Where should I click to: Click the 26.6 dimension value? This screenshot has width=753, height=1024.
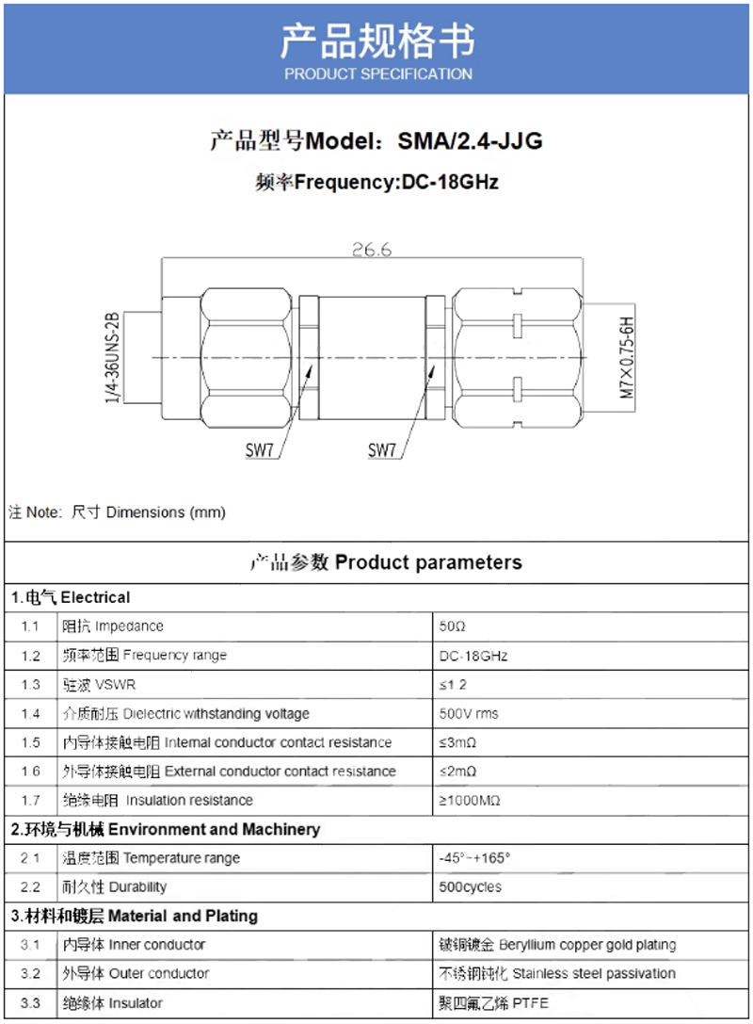click(371, 250)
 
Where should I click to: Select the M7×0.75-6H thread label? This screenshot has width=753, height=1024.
click(627, 359)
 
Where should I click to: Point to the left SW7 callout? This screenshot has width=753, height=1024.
click(259, 450)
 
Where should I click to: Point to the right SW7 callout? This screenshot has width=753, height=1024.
click(381, 450)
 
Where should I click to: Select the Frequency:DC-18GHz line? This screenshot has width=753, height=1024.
click(376, 182)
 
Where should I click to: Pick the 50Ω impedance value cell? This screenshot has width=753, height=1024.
click(453, 626)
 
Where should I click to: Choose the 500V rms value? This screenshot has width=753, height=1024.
click(469, 713)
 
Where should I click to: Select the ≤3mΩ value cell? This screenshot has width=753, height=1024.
click(457, 742)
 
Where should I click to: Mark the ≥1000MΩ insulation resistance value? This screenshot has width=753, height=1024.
click(469, 801)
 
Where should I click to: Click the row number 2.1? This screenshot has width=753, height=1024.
click(31, 858)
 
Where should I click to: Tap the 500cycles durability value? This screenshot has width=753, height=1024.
click(470, 887)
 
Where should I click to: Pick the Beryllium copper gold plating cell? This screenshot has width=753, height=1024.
click(557, 945)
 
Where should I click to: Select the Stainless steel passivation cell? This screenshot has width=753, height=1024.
click(557, 973)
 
